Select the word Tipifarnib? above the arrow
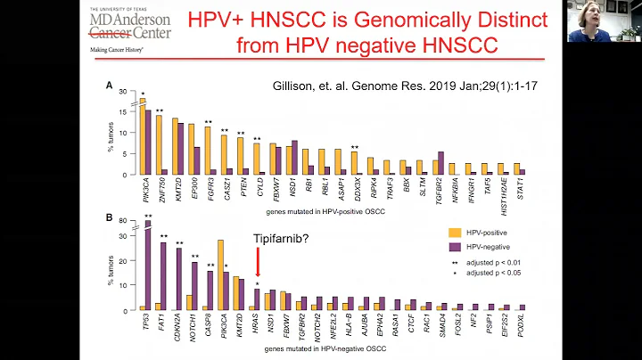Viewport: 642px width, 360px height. (257, 239)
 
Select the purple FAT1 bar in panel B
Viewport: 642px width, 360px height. (163, 275)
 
